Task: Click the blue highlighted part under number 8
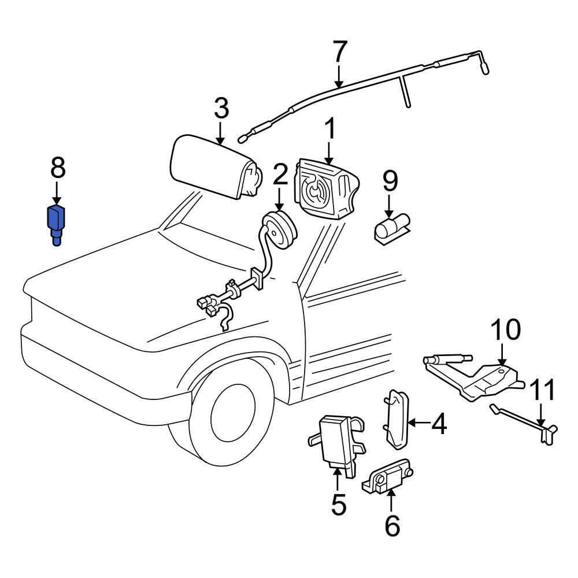57,223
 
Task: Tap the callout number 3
221,108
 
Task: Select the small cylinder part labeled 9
391,228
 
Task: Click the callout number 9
390,181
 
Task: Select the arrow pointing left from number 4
419,424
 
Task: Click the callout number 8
57,169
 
